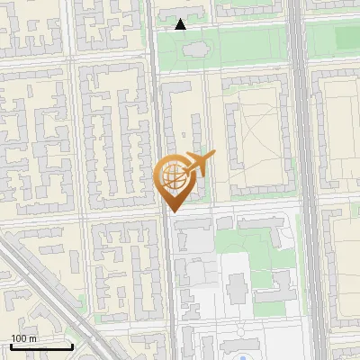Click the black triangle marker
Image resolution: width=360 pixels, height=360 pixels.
click(x=181, y=24)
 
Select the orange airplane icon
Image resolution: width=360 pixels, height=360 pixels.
click(x=197, y=164)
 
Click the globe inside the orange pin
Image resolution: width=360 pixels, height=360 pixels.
click(x=173, y=175)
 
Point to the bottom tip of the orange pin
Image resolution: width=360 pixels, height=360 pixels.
click(x=173, y=212)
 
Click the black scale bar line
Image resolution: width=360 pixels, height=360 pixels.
click(x=40, y=346)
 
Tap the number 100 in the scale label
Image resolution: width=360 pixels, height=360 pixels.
click(x=18, y=338)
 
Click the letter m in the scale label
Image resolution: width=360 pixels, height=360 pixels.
click(x=32, y=338)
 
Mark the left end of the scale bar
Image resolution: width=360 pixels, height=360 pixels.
click(x=10, y=346)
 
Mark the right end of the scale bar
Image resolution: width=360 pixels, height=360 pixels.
click(x=72, y=346)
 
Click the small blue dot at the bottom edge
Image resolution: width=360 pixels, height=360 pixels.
click(x=241, y=357)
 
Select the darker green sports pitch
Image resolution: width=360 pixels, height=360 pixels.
click(x=346, y=38)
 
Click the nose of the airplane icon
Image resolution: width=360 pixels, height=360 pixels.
click(x=214, y=157)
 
